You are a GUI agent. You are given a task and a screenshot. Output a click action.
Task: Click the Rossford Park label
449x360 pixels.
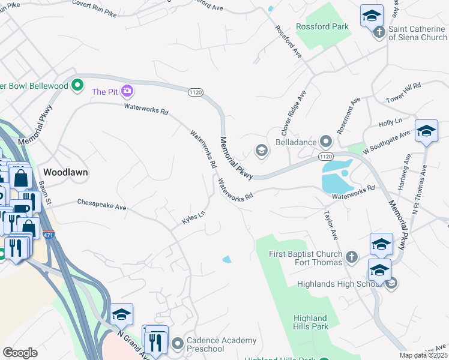click(x=322, y=27)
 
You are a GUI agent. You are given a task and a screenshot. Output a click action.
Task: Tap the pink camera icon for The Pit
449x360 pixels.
click(x=127, y=91)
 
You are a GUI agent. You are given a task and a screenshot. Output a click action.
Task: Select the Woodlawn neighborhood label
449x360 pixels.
click(x=65, y=172)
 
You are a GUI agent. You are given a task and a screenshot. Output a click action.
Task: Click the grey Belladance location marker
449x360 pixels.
click(x=326, y=142)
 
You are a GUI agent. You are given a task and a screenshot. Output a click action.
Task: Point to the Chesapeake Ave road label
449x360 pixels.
click(x=101, y=204)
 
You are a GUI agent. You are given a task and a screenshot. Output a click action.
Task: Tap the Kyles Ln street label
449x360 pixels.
click(x=194, y=218)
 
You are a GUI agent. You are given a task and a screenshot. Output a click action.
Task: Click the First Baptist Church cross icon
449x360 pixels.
click(x=352, y=258)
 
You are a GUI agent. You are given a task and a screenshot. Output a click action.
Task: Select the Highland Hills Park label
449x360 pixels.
click(x=310, y=322)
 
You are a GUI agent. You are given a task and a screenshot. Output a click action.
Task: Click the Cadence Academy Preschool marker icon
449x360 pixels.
click(x=177, y=344)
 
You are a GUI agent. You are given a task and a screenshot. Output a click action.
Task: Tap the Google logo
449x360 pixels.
click(x=20, y=353)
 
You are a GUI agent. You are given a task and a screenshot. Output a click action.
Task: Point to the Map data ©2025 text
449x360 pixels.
click(x=423, y=355)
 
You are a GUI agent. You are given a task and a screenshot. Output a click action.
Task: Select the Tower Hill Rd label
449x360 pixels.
click(x=403, y=92)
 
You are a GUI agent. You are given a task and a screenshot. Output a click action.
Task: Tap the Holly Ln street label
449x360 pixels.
click(x=390, y=122)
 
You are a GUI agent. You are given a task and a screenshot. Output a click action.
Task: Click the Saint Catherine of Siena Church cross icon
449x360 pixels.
click(x=379, y=32)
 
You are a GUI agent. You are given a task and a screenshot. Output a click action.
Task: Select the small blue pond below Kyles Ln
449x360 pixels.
click(x=226, y=259)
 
